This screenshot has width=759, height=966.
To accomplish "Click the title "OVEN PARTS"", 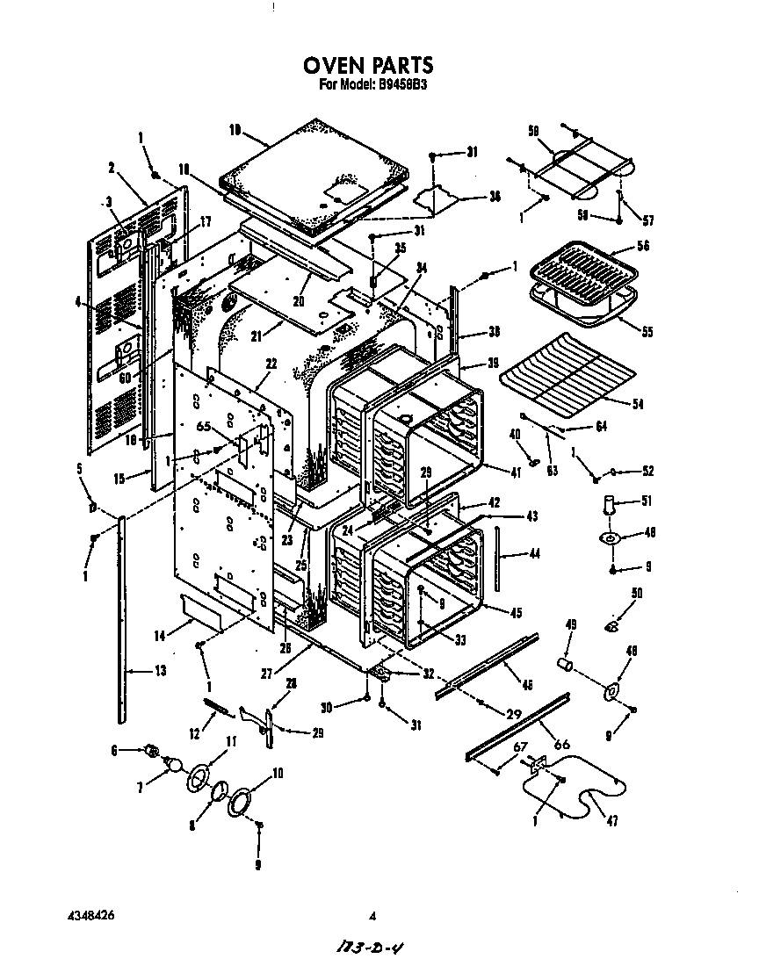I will pos(368,66).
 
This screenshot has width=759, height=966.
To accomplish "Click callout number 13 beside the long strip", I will pos(159,672).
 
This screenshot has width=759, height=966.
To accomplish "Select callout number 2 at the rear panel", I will pos(112,167).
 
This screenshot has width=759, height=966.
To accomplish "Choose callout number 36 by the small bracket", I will pos(495,197).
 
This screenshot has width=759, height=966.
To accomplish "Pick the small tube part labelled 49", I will pos(567,661).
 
